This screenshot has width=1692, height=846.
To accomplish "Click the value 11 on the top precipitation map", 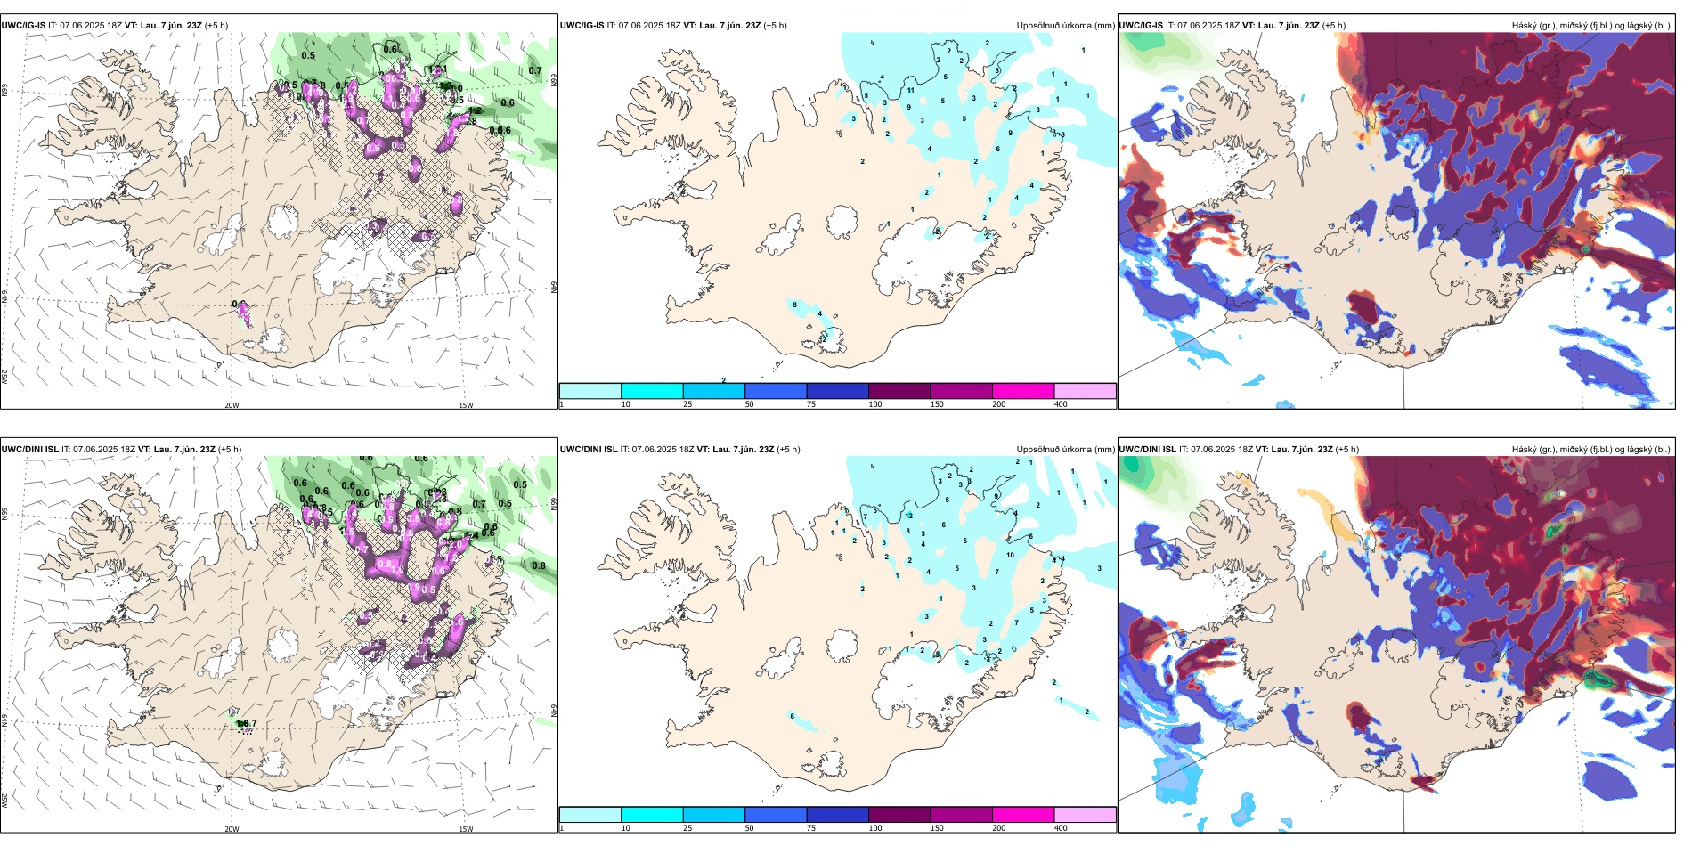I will pyautogui.click(x=911, y=90).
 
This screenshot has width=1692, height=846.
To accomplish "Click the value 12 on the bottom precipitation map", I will pyautogui.click(x=909, y=515).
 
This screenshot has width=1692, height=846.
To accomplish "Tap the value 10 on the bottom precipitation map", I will pyautogui.click(x=1011, y=555).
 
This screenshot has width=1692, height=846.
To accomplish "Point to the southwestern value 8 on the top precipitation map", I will pyautogui.click(x=795, y=305).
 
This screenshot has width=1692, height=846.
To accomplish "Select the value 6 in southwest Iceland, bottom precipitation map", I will pyautogui.click(x=793, y=716).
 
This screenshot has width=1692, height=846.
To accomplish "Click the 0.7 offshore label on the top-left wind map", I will pyautogui.click(x=534, y=71).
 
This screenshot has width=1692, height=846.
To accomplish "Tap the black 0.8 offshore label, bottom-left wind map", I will pyautogui.click(x=539, y=565).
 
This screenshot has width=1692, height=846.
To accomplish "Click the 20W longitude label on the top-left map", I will pyautogui.click(x=232, y=405).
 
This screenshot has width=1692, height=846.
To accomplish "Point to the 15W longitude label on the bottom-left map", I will pyautogui.click(x=466, y=829).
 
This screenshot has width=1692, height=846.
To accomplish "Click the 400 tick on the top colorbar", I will pyautogui.click(x=1061, y=404).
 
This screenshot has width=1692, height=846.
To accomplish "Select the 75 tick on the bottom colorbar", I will pyautogui.click(x=811, y=828).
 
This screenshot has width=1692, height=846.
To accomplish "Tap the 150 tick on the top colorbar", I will pyautogui.click(x=937, y=404).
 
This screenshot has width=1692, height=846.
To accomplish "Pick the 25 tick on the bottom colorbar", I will pyautogui.click(x=687, y=828).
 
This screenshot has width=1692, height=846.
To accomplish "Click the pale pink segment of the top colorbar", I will pyautogui.click(x=1085, y=391).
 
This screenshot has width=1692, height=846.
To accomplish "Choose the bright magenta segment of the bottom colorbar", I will pyautogui.click(x=1023, y=815).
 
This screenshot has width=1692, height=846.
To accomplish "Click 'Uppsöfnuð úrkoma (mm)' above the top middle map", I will pyautogui.click(x=1065, y=26).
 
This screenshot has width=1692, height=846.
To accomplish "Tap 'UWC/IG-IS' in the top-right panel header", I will pyautogui.click(x=1141, y=26).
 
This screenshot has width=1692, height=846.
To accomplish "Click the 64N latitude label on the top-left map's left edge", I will pyautogui.click(x=4, y=297).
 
